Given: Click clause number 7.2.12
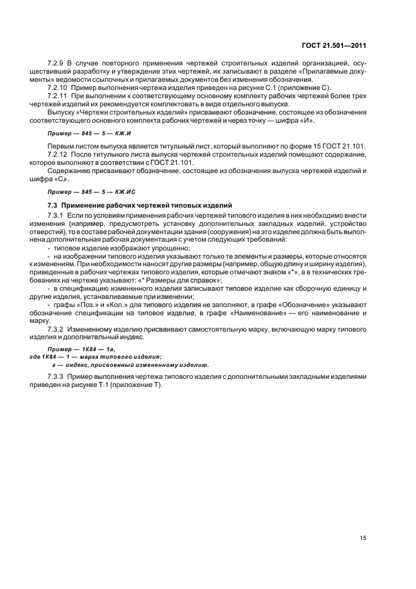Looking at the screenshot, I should tap(59, 154).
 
